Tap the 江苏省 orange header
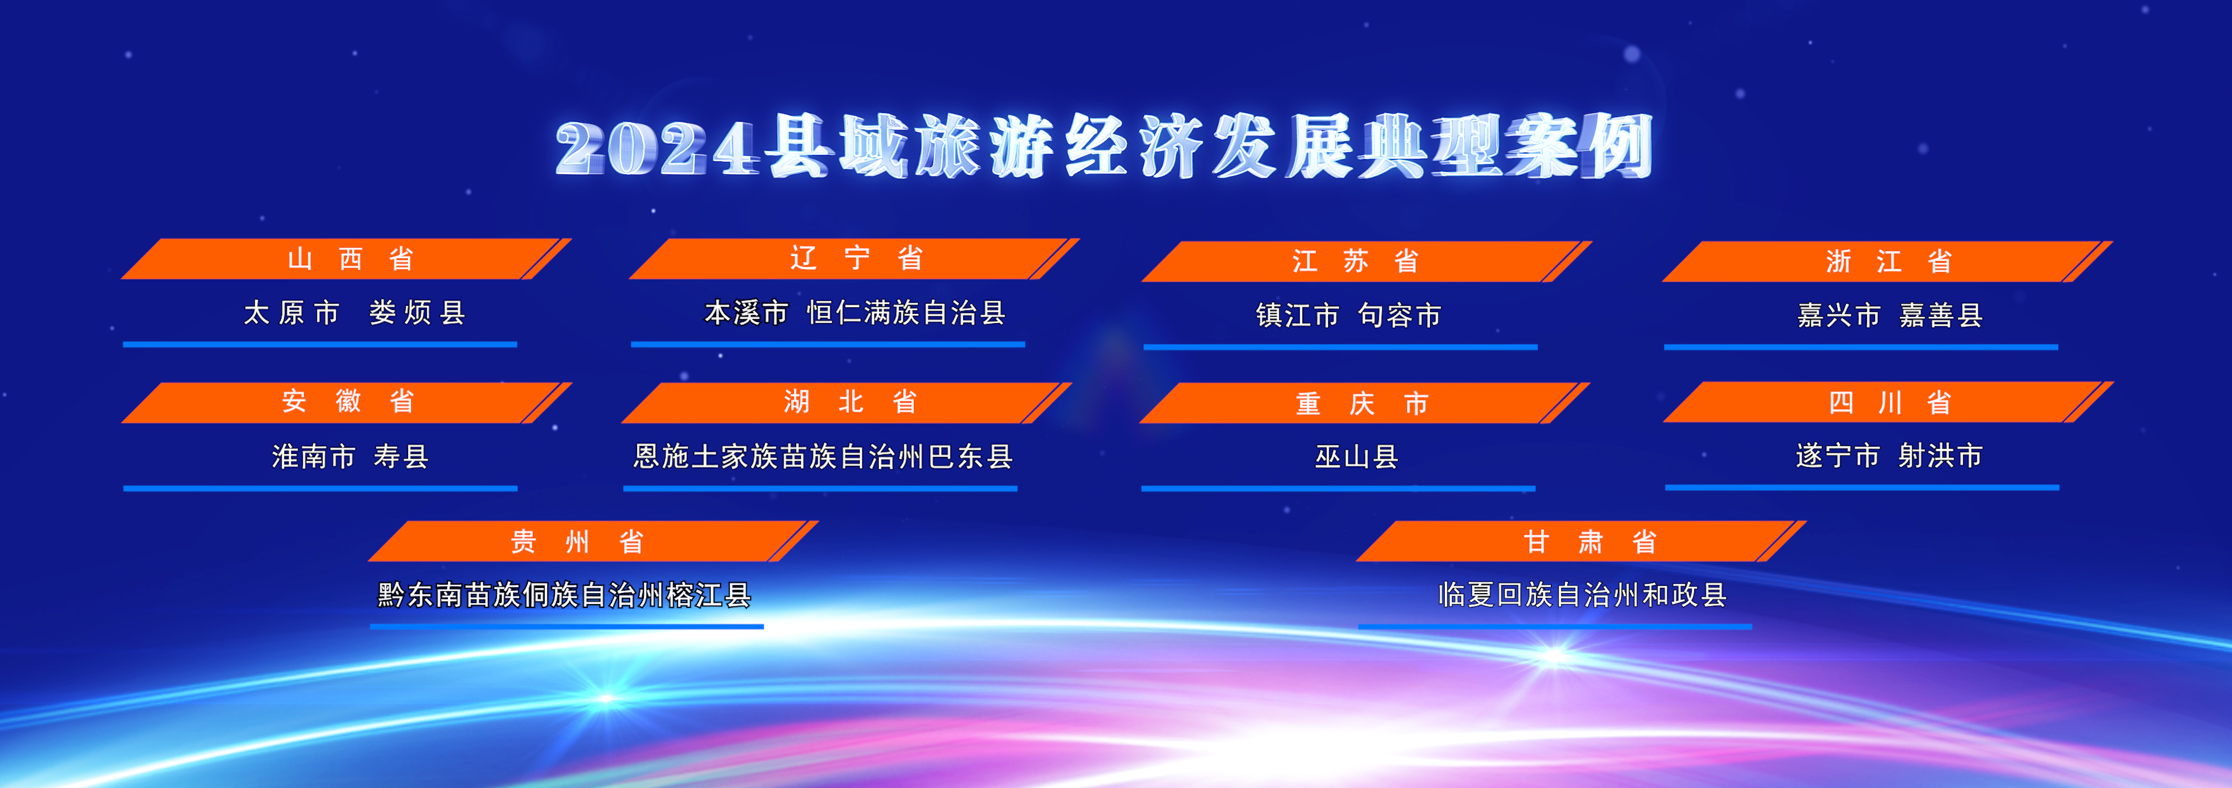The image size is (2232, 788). (1367, 261)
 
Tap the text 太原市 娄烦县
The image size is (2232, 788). (354, 312)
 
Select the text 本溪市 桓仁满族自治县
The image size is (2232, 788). (854, 312)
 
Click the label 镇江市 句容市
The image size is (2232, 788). (1348, 315)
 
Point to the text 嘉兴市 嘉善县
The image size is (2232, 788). (1890, 315)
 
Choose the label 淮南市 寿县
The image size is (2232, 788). (350, 456)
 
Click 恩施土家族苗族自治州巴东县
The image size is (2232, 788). (822, 456)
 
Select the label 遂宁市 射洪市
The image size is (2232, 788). (1889, 455)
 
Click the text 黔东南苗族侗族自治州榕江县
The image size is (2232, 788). (564, 595)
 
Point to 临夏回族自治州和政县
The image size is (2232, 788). (1582, 595)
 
